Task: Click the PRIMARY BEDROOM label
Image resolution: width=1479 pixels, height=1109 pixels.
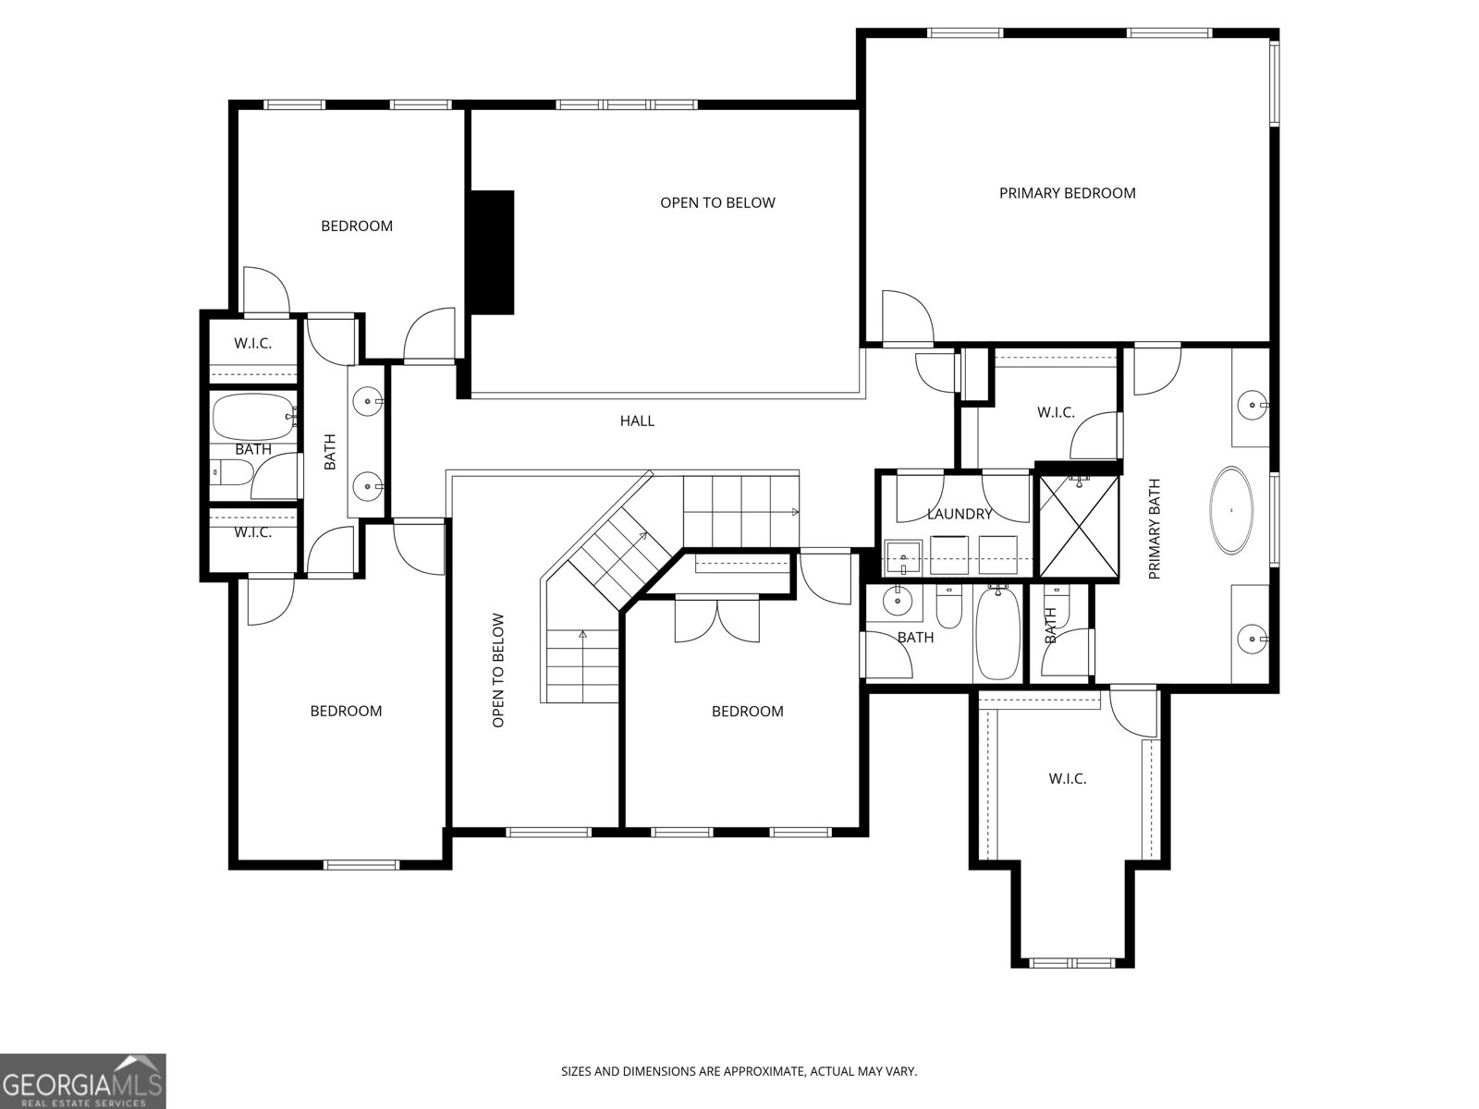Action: click(x=1068, y=193)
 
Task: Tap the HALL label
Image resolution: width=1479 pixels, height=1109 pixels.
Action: click(x=637, y=420)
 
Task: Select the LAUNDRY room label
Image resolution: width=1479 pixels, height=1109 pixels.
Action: click(x=960, y=515)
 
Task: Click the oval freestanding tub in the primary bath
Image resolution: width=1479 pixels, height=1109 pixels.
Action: click(x=1231, y=510)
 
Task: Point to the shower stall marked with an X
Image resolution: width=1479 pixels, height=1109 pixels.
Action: click(x=1080, y=526)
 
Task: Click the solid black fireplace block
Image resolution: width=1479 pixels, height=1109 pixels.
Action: click(x=493, y=252)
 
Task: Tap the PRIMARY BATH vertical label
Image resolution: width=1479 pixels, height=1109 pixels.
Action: click(x=1155, y=529)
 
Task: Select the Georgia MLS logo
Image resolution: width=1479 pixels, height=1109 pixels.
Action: click(x=83, y=1080)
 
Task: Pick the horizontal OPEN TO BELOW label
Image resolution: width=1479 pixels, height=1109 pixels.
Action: click(x=717, y=202)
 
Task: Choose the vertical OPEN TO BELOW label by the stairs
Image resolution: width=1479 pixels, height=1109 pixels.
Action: click(x=498, y=670)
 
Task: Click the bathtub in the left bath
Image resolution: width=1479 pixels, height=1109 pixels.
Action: click(x=254, y=417)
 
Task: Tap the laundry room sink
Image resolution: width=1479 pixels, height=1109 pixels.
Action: click(x=903, y=557)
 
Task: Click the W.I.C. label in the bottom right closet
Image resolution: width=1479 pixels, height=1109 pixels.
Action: click(x=1068, y=779)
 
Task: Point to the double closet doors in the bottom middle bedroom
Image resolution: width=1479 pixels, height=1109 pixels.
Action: click(x=717, y=620)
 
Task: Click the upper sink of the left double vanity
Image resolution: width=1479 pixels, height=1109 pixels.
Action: click(x=368, y=402)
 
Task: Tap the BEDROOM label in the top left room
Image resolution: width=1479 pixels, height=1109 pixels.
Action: click(x=357, y=226)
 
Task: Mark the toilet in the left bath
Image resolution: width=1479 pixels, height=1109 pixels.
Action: click(x=230, y=472)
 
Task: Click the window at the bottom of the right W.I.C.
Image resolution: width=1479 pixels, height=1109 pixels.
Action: click(x=1072, y=963)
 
